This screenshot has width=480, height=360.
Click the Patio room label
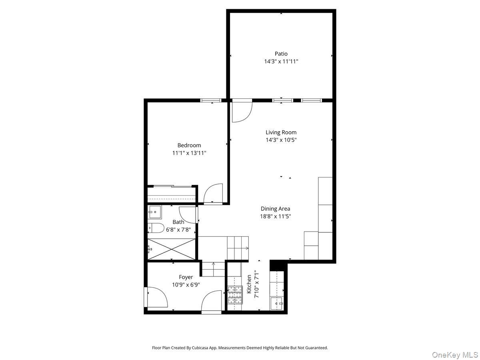[281, 54]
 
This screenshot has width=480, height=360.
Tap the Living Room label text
[281, 132]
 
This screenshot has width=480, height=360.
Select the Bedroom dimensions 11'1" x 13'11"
[189, 153]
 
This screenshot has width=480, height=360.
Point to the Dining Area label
[275, 208]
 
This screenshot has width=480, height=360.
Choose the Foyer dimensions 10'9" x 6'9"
[186, 284]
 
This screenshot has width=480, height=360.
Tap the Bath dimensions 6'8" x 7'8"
[178, 230]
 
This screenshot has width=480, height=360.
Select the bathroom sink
[154, 212]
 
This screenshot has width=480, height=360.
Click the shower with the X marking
[172, 250]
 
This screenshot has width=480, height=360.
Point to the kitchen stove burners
[235, 295]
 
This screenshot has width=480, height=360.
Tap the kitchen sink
[277, 304]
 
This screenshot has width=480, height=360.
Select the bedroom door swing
[213, 194]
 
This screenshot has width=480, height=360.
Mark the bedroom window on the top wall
[211, 100]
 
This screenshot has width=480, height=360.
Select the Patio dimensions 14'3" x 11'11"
[281, 62]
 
